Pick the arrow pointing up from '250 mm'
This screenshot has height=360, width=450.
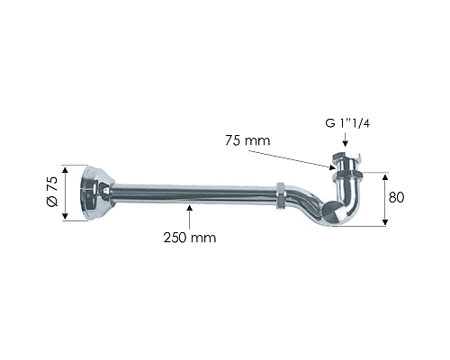coord(189,216)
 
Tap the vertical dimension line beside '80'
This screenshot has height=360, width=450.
coord(384,199)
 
